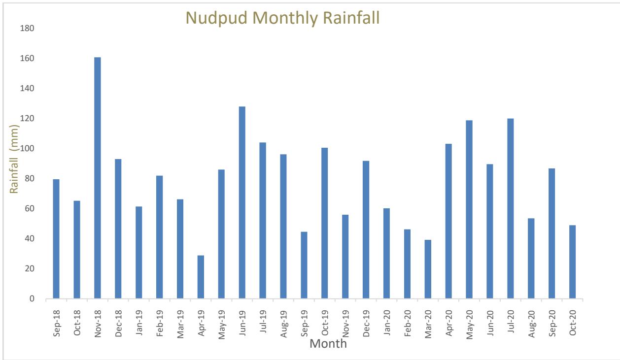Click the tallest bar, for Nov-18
tap(98, 178)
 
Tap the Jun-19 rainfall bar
tap(242, 202)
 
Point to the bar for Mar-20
tap(428, 269)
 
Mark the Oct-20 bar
tap(572, 262)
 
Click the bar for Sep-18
tap(56, 239)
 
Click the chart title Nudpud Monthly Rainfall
tap(283, 18)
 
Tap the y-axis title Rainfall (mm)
tap(15, 160)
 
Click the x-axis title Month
tap(328, 343)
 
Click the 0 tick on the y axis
tap(31, 299)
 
